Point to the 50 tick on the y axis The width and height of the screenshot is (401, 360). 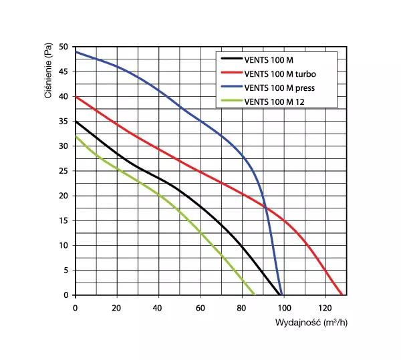point(64,47)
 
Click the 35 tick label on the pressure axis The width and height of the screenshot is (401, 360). point(64,122)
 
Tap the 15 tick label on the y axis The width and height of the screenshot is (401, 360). point(64,220)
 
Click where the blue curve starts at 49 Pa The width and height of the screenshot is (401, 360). point(76,52)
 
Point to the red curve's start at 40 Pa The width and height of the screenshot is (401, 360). point(76,97)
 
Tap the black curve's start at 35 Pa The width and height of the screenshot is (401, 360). point(76,122)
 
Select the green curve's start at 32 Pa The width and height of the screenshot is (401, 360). point(76,136)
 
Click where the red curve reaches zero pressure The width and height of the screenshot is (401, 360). point(342,295)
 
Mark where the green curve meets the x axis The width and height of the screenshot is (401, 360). point(255,295)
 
